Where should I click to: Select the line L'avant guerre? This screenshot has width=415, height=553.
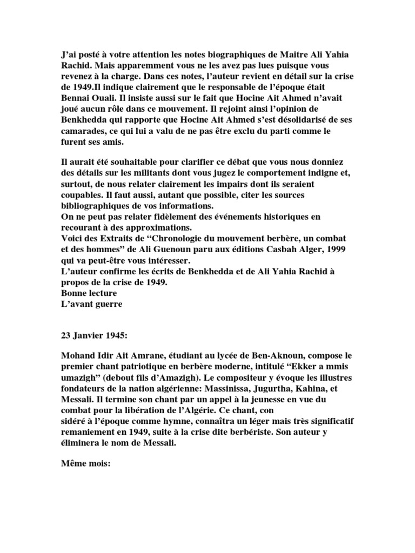click(91, 304)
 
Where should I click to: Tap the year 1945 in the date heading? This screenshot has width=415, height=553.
click(113, 335)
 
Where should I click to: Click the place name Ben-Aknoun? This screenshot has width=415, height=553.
click(264, 356)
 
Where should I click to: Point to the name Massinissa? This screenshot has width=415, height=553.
click(238, 389)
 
